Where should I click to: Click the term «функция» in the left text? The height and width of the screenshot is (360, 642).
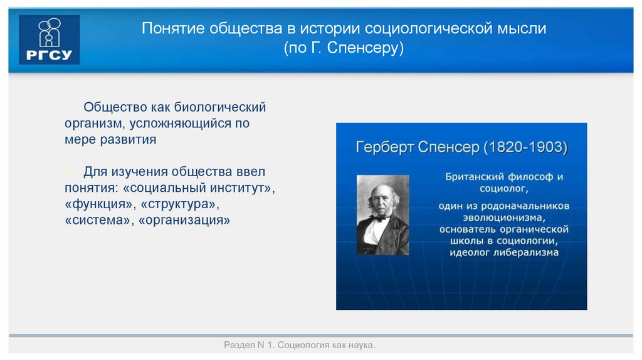[100, 204]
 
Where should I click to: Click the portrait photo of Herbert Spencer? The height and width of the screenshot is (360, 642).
[382, 214]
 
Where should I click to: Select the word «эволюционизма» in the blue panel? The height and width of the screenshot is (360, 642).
[503, 217]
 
